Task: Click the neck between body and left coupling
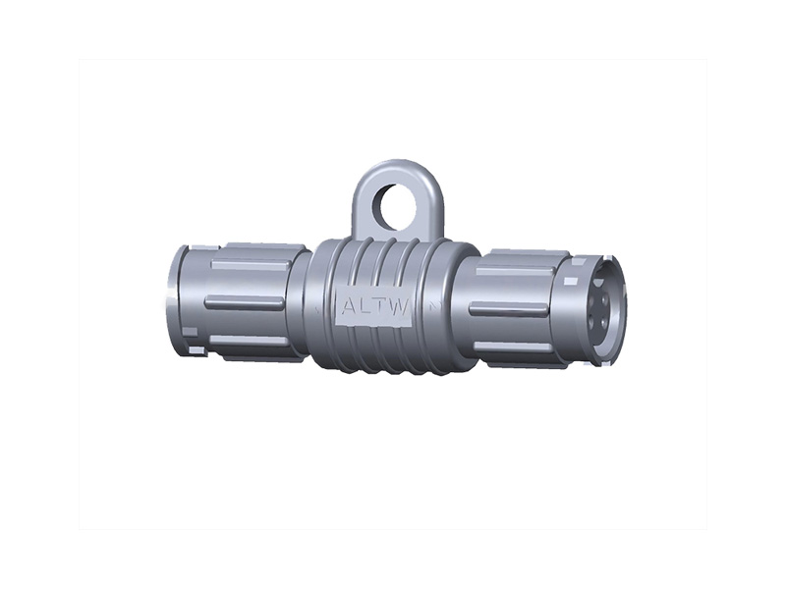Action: point(300,302)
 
